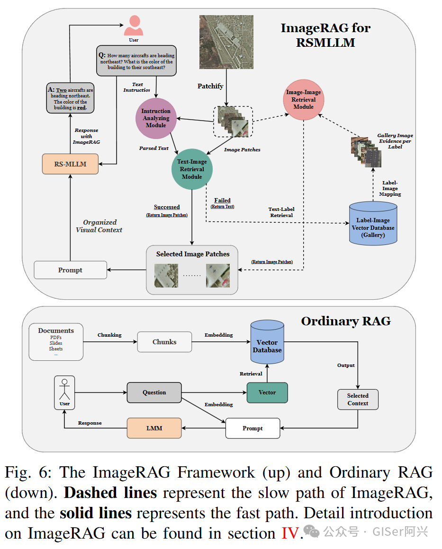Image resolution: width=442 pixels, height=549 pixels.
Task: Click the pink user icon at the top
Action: coord(134,25)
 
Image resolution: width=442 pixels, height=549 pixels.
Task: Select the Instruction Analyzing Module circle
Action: coord(156,118)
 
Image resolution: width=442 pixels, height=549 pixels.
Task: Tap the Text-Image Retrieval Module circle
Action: coord(192,169)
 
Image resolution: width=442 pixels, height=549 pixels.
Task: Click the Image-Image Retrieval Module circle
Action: coord(304,100)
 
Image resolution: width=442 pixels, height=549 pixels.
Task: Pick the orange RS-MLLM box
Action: coord(70,164)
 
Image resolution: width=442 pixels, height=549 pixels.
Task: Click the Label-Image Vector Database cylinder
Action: coord(373,223)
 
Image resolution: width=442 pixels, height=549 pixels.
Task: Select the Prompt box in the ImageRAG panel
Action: coord(70,270)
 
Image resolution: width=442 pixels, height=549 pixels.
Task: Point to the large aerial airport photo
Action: coord(226,42)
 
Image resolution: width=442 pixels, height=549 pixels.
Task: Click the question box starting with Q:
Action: coord(136,61)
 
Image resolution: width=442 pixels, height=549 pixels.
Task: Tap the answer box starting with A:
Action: coord(71,98)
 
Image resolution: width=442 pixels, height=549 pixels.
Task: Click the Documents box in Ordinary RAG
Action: coord(56,342)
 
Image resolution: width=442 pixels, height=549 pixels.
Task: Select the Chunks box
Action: coord(164,342)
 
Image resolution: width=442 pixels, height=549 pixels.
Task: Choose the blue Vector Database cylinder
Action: coord(267,342)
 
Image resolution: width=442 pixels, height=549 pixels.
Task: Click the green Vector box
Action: coord(267,392)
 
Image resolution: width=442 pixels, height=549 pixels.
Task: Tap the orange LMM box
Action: coord(154,428)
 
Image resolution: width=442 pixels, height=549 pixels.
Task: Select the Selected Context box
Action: coord(358,400)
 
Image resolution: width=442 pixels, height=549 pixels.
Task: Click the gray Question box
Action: coord(154,392)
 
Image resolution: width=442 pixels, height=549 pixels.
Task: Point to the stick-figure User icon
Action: coord(64,392)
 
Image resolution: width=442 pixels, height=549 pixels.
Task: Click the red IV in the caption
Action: coord(290,533)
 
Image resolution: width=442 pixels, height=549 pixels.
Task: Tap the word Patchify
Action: coord(210,86)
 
